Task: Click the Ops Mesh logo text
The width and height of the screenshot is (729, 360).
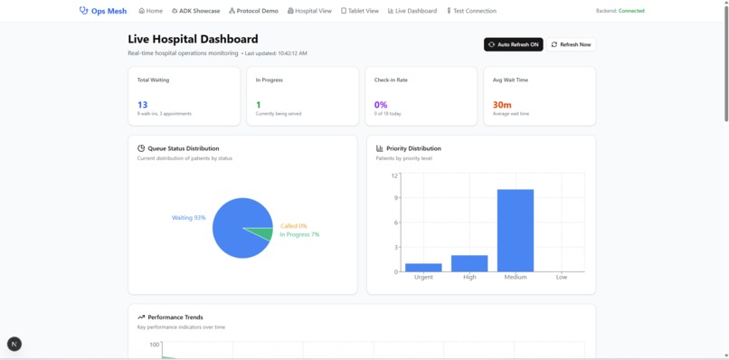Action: tap(109, 11)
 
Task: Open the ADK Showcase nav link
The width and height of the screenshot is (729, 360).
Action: tap(195, 11)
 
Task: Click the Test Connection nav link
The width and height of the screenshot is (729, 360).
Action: tap(471, 11)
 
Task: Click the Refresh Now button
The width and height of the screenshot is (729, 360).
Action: tap(572, 44)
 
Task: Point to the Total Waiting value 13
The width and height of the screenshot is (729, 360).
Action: tap(143, 105)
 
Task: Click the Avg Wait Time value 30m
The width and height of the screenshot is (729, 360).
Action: tap(502, 105)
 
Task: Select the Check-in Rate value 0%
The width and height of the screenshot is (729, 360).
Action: tap(381, 105)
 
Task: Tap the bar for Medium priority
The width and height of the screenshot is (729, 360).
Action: tap(516, 230)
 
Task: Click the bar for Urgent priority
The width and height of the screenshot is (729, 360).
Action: tap(423, 267)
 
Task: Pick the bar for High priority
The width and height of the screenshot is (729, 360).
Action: tap(469, 263)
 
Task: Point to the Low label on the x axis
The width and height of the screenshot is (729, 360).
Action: tap(562, 277)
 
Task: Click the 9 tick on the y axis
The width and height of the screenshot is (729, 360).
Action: tap(395, 198)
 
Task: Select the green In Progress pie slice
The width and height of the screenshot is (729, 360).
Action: tap(263, 233)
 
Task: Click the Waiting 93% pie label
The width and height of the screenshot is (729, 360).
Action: tap(189, 218)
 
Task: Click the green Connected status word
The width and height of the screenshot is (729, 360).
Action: tap(631, 11)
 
